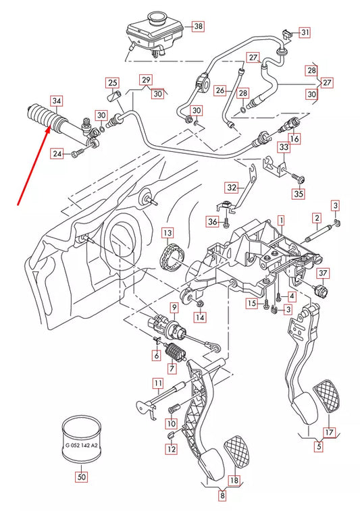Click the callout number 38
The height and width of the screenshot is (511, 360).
click(x=198, y=27)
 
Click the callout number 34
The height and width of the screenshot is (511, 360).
click(x=57, y=102)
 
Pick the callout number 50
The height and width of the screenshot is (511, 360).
click(x=82, y=476)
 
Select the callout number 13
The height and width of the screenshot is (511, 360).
click(x=168, y=233)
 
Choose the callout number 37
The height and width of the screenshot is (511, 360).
click(x=323, y=273)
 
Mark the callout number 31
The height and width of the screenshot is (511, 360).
click(x=305, y=32)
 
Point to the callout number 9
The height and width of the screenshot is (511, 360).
click(x=174, y=307)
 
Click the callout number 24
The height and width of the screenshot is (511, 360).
click(x=57, y=155)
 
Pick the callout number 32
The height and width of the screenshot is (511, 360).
click(x=232, y=188)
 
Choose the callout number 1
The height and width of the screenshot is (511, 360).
click(x=280, y=220)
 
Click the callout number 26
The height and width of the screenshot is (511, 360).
click(x=220, y=90)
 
